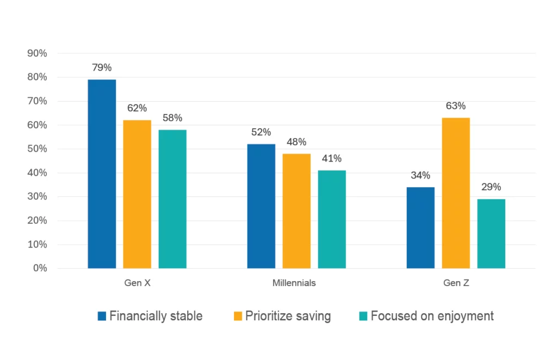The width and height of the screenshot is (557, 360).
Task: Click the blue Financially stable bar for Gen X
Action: point(102,174)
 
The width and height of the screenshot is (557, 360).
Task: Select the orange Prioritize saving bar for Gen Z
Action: point(456,193)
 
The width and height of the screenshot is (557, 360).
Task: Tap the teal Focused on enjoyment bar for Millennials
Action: point(332,219)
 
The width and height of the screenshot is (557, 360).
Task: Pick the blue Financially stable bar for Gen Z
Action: point(420,228)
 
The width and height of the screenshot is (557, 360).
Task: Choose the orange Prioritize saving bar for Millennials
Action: point(296,211)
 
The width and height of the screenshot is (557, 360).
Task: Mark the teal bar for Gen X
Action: point(172,199)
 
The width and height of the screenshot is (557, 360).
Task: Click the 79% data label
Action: point(102,68)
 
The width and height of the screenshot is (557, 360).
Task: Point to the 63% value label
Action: point(456,106)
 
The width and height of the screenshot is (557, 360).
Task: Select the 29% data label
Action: point(491,188)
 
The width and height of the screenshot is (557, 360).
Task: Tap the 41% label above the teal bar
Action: point(332,159)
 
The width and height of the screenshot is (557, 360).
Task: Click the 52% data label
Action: point(261,132)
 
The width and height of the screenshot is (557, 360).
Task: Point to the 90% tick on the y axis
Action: point(37,53)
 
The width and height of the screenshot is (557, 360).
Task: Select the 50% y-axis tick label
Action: point(37,149)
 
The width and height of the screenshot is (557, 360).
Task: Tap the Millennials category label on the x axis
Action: point(294,283)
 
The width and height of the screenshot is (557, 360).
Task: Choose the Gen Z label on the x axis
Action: point(455,283)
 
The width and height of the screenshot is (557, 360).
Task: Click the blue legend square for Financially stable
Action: point(102,316)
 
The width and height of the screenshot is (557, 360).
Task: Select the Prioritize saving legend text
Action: point(288,316)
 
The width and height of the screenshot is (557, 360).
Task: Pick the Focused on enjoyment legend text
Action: point(432,316)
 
